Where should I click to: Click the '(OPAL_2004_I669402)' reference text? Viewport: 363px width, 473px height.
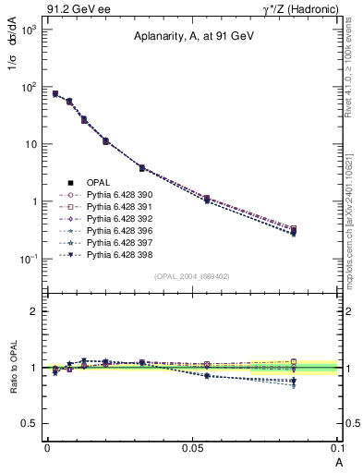[192, 275]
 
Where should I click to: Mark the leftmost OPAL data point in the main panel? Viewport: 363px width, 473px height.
[54, 93]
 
